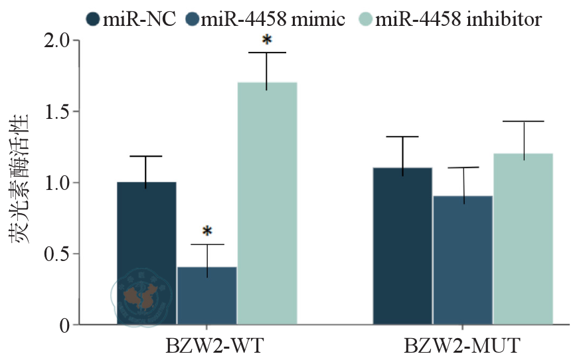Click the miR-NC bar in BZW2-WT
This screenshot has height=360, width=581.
(x=147, y=253)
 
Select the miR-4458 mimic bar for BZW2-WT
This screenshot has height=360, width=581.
(x=207, y=296)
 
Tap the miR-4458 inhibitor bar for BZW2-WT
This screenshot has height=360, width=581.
(x=267, y=203)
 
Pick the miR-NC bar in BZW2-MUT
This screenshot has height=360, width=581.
(x=402, y=246)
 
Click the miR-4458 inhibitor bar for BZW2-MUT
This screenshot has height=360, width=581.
(x=523, y=239)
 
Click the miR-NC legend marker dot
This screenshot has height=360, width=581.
(x=93, y=19)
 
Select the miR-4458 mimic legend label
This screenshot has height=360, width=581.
(x=273, y=19)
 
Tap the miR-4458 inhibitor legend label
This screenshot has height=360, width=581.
(x=458, y=19)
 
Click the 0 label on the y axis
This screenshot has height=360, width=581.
(x=64, y=325)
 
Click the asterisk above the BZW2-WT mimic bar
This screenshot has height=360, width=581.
(x=207, y=232)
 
